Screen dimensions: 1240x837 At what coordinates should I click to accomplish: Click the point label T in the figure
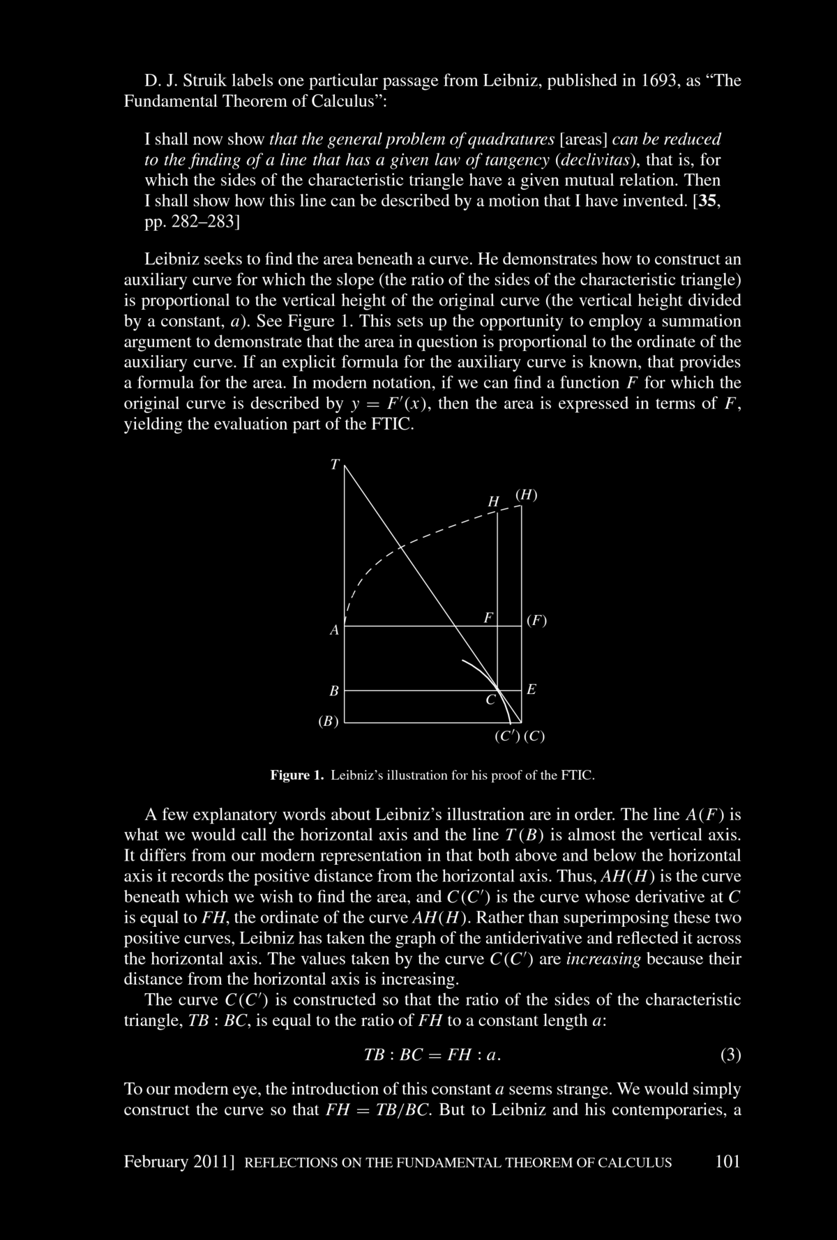[x=335, y=464]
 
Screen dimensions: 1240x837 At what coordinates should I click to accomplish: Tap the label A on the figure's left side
[x=334, y=630]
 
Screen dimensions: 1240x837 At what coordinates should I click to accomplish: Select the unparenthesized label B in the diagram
[x=334, y=691]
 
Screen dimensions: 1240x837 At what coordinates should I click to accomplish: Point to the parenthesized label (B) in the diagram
[x=328, y=721]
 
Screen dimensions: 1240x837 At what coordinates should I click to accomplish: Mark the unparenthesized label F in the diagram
[x=489, y=617]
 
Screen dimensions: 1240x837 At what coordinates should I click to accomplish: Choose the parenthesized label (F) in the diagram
[x=536, y=620]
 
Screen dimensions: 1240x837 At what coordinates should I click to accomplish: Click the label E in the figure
[x=531, y=690]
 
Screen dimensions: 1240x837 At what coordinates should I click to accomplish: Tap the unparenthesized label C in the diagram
[x=490, y=700]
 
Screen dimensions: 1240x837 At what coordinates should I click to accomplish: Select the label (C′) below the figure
[x=506, y=736]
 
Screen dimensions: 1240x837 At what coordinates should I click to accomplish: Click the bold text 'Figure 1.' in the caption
[x=298, y=775]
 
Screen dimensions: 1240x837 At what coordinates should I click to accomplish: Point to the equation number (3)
[x=730, y=1054]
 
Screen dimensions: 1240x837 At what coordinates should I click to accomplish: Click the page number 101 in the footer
[x=727, y=1162]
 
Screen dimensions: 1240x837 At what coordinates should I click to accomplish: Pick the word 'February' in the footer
[x=156, y=1162]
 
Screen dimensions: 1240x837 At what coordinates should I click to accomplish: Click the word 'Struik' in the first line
[x=204, y=80]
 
